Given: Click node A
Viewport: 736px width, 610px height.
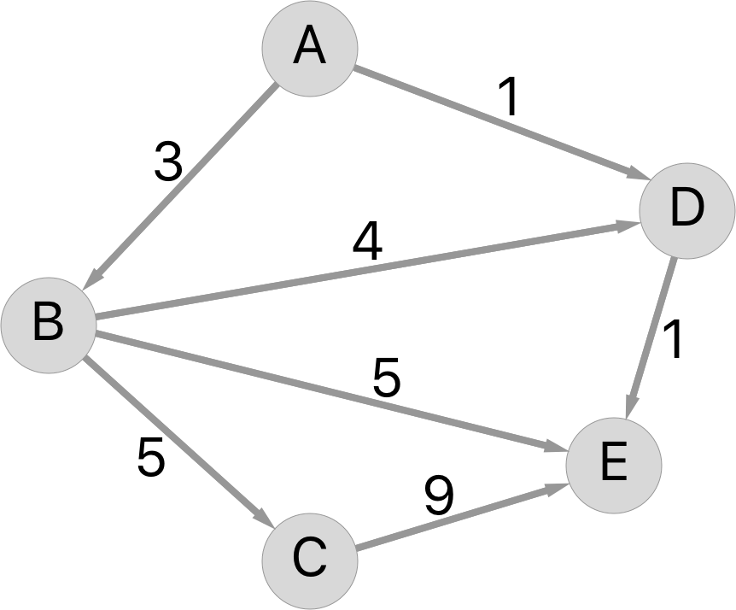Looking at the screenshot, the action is tap(310, 49).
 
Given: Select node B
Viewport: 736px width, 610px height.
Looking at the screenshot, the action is tap(49, 326).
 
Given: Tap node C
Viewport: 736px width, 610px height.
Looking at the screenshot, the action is tap(310, 560).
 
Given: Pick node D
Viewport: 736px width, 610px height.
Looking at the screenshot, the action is tap(687, 211).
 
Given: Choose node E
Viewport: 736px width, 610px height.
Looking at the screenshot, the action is tap(614, 466).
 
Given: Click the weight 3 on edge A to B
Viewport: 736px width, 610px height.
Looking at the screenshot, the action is tap(168, 162).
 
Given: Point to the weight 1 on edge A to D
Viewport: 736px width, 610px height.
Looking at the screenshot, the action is tap(508, 97).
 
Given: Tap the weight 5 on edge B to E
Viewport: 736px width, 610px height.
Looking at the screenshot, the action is tap(386, 376).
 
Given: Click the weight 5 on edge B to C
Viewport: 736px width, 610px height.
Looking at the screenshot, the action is tap(151, 456).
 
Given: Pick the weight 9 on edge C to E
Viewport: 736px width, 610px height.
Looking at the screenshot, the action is tap(440, 495).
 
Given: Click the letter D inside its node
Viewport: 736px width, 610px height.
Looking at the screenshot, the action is tap(687, 210).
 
